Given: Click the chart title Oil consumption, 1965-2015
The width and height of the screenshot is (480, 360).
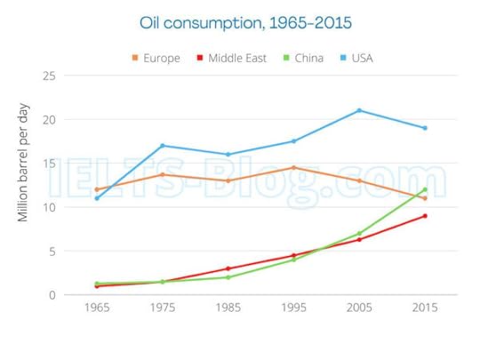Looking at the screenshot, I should (239, 20).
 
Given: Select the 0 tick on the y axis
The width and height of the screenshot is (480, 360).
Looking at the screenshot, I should (52, 295).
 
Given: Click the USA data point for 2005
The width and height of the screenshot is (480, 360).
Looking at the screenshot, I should (359, 110).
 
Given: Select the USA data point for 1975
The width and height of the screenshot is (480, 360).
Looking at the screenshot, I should (162, 146).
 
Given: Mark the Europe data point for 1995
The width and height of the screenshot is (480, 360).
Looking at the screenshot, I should (293, 167).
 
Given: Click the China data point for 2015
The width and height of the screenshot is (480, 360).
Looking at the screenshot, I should (425, 189).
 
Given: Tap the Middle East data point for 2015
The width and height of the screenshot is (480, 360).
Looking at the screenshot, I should (425, 216).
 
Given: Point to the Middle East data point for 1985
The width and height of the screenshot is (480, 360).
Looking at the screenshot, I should (228, 268).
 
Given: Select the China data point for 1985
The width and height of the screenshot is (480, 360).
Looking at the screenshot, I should (228, 277).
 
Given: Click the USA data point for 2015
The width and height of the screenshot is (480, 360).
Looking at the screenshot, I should (425, 128).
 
